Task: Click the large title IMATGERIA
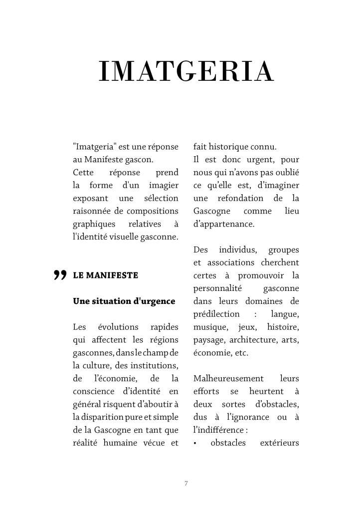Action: (x=186, y=72)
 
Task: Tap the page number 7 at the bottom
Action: (x=186, y=483)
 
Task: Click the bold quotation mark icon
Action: (x=60, y=275)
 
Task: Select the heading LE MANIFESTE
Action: (x=105, y=275)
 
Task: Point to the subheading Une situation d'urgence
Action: (x=124, y=301)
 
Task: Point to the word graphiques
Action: (x=94, y=224)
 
